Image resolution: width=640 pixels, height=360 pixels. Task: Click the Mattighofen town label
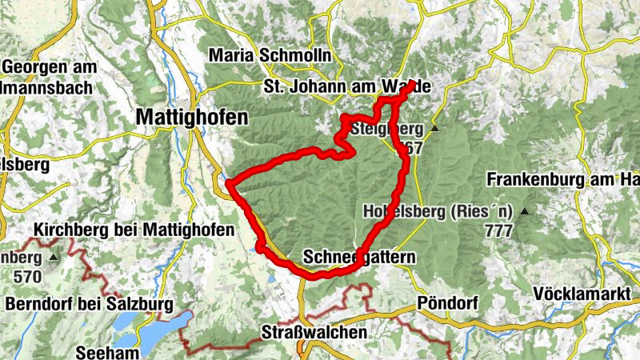(192, 117)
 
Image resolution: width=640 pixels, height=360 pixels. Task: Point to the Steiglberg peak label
(386, 128)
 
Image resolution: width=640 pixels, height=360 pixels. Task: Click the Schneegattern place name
(360, 257)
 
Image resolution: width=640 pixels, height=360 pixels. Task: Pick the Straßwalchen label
(315, 331)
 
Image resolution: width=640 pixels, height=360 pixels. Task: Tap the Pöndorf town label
(451, 304)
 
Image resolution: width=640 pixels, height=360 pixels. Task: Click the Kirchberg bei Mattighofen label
(134, 230)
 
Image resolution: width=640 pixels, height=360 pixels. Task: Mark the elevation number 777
(498, 230)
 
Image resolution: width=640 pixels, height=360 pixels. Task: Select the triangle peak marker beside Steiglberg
(435, 128)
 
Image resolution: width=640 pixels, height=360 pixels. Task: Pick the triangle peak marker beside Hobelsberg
(525, 212)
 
